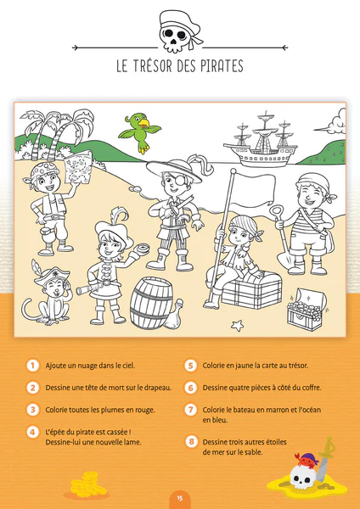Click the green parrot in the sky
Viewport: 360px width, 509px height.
140,131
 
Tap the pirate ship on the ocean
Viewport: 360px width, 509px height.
261,143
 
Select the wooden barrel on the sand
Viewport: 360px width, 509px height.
152,303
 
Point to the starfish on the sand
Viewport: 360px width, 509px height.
237,326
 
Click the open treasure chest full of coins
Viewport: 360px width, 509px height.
306,309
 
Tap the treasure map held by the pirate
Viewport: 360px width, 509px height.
79,166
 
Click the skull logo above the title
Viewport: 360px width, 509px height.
179,31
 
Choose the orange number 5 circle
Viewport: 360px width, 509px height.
191,366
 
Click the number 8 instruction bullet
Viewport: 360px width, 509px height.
191,442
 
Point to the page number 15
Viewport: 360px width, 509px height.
180,498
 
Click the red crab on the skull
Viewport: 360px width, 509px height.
306,460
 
